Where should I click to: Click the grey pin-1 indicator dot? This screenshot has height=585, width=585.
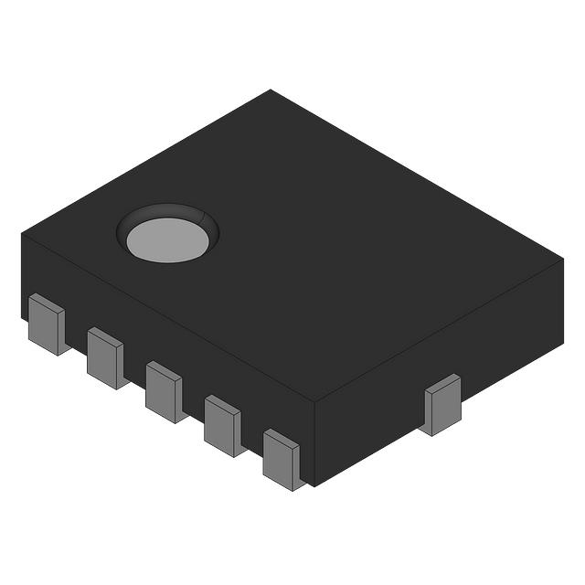pyautogui.click(x=168, y=239)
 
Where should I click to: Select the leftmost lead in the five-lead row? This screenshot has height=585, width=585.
pyautogui.click(x=46, y=324)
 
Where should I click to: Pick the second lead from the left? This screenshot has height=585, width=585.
pyautogui.click(x=105, y=357)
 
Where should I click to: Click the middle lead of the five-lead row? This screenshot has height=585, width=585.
pyautogui.click(x=164, y=391)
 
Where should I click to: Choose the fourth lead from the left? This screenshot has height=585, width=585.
pyautogui.click(x=223, y=425)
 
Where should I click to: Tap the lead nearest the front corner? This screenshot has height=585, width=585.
pyautogui.click(x=282, y=459)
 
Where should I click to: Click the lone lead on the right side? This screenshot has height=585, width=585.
pyautogui.click(x=442, y=406)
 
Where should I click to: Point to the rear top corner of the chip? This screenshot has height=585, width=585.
pyautogui.click(x=271, y=90)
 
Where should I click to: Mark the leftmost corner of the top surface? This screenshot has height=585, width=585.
pyautogui.click(x=22, y=233)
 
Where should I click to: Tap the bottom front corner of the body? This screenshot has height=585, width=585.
pyautogui.click(x=314, y=485)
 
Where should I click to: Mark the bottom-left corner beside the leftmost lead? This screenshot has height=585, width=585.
pyautogui.click(x=22, y=316)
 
